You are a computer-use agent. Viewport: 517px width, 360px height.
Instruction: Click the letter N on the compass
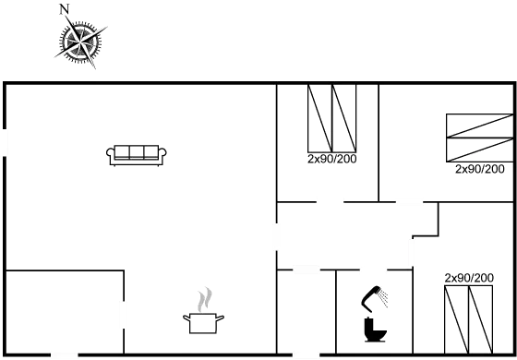pyautogui.click(x=64, y=10)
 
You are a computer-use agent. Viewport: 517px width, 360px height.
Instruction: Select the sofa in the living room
pyautogui.click(x=138, y=156)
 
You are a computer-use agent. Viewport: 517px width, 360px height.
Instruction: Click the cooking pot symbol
pyautogui.click(x=202, y=321)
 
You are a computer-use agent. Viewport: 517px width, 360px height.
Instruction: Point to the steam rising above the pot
pyautogui.click(x=205, y=299)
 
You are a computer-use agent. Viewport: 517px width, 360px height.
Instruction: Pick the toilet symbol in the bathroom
pyautogui.click(x=374, y=313)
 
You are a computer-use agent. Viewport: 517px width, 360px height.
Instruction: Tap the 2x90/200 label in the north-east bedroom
pyautogui.click(x=479, y=170)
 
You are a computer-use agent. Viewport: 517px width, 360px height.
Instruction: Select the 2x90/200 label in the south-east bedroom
pyautogui.click(x=469, y=277)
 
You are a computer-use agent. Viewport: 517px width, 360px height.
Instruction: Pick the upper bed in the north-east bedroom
pyautogui.click(x=478, y=126)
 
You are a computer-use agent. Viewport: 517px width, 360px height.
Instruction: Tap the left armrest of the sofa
pyautogui.click(x=112, y=158)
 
